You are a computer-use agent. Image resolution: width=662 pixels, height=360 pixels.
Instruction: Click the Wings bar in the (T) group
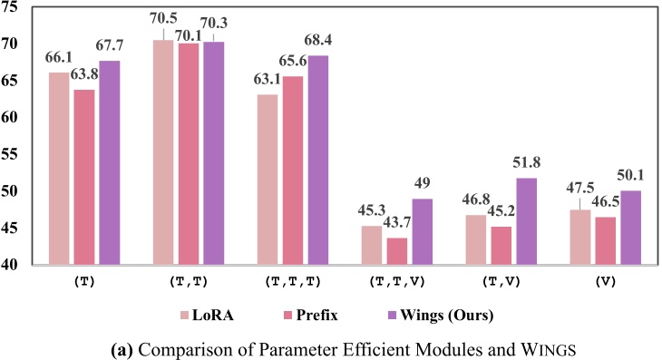coord(110,163)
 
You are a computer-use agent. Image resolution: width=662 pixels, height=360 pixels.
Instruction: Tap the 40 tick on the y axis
coord(13,265)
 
